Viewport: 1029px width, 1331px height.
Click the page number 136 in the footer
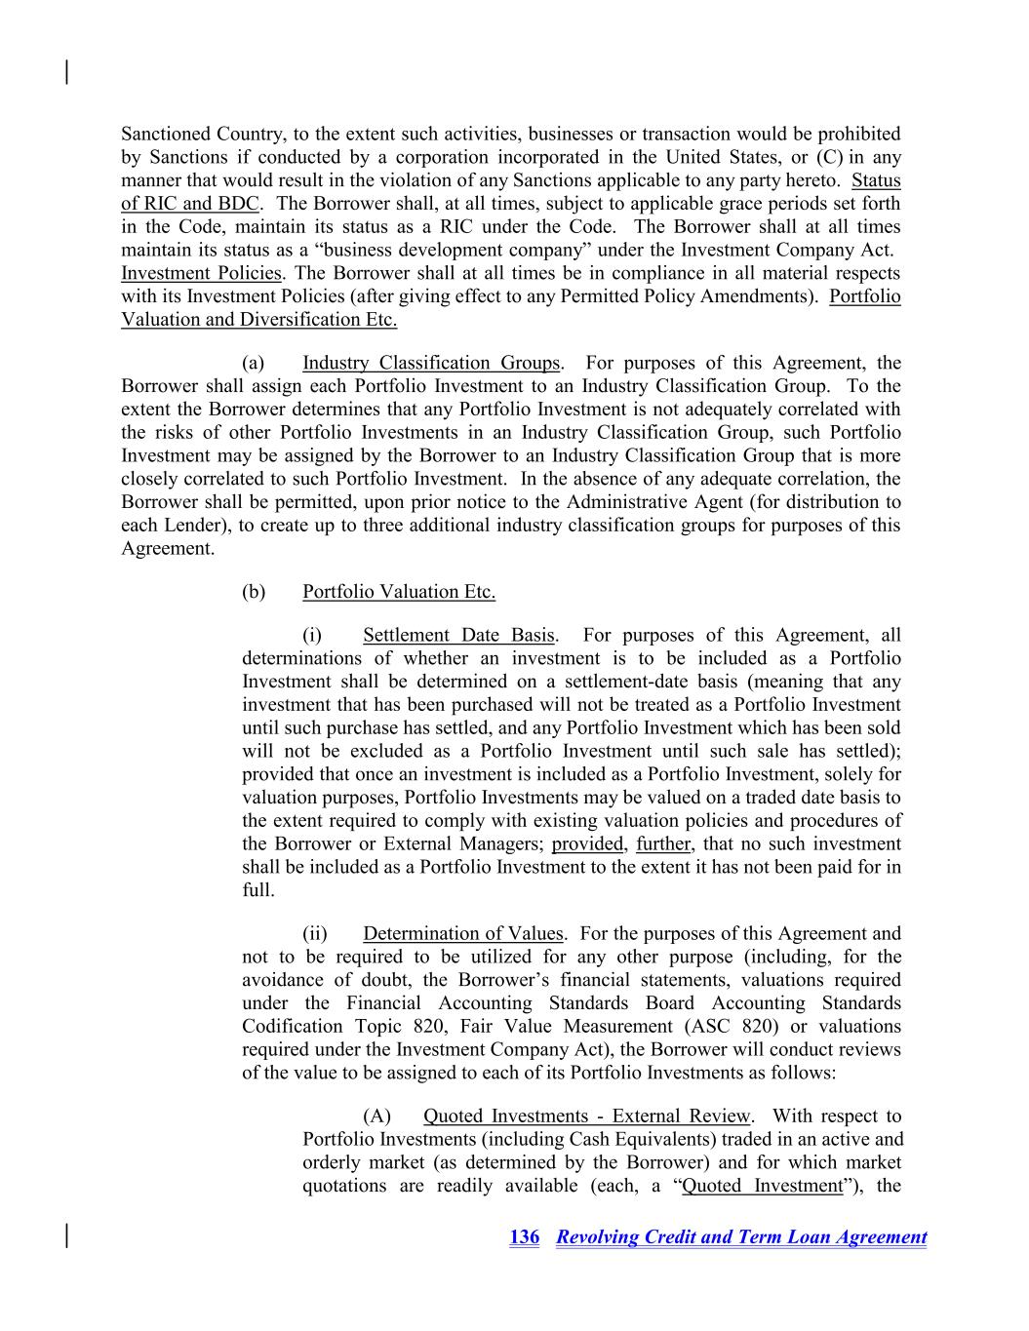pos(524,1237)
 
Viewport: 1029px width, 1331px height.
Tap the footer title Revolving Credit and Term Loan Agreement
pos(741,1237)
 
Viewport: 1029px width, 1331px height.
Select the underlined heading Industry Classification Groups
pos(430,364)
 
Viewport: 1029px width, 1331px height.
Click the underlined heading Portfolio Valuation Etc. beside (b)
pos(398,592)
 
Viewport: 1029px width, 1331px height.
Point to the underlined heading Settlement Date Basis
pos(458,636)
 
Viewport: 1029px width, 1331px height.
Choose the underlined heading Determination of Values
pos(462,934)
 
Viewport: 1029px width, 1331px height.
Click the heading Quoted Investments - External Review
pos(586,1116)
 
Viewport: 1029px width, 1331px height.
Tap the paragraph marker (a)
pos(254,364)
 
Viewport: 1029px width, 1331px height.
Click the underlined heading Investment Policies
pos(201,274)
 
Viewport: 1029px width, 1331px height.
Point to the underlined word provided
pos(587,844)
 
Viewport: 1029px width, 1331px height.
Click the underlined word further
pos(662,844)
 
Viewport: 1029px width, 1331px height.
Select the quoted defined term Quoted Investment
pos(762,1187)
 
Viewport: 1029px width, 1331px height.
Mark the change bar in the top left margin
pos(66,72)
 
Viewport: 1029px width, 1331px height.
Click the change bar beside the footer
pos(66,1235)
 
